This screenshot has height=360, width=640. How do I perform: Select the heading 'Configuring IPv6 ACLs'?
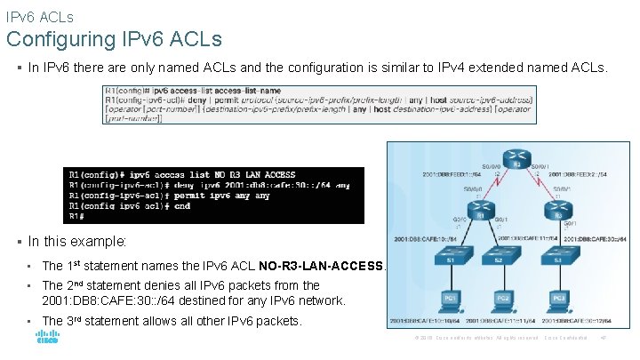[114, 39]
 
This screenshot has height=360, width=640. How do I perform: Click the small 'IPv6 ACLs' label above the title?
[39, 16]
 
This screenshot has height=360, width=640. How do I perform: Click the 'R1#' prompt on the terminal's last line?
[77, 216]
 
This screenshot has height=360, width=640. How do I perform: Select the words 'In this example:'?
[77, 241]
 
